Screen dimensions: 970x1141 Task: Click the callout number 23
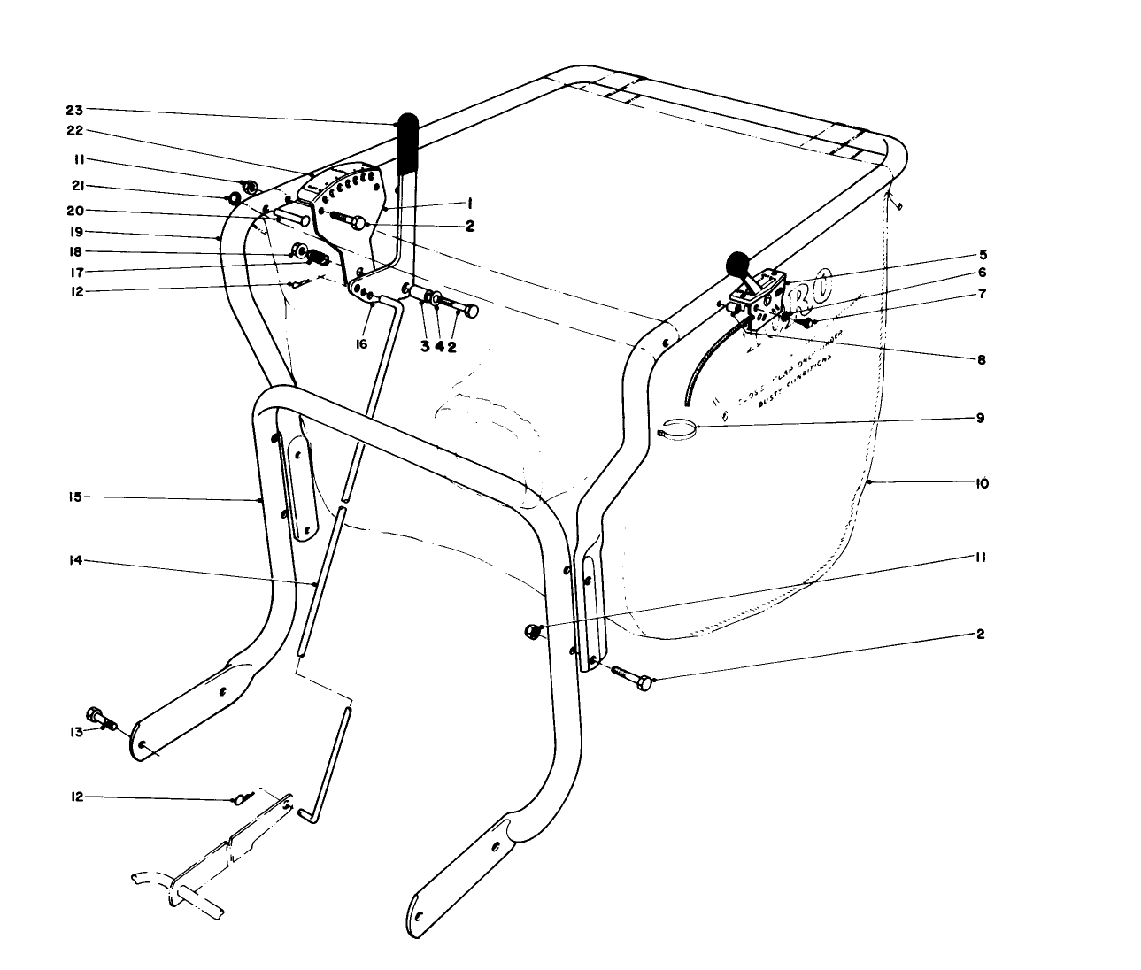pyautogui.click(x=73, y=111)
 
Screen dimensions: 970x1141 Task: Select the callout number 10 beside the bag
pyautogui.click(x=982, y=484)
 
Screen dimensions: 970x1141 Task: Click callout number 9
pyautogui.click(x=980, y=418)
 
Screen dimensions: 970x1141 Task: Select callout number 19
pyautogui.click(x=73, y=232)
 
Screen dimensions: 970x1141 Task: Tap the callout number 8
pyautogui.click(x=981, y=360)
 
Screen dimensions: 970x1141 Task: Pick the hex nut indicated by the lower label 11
pyautogui.click(x=533, y=630)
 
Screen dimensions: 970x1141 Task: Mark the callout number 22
pyautogui.click(x=73, y=130)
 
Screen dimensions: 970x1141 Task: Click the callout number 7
pyautogui.click(x=981, y=293)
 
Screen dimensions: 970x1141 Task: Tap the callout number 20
pyautogui.click(x=73, y=212)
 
